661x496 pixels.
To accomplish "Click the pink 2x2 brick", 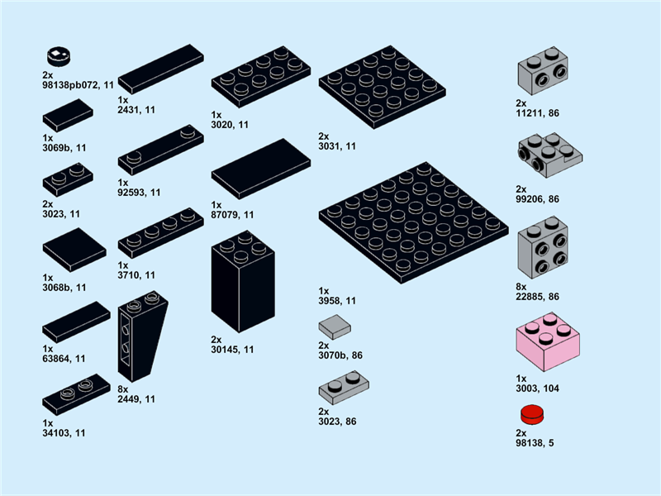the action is [x=548, y=341].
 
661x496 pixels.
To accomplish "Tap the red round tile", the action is [x=532, y=415].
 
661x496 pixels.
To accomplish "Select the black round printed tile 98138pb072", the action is [x=59, y=56].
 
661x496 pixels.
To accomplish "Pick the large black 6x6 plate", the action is [x=414, y=222].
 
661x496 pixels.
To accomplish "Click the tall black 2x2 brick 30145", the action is [x=243, y=281].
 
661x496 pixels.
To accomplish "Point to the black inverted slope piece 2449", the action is [x=143, y=336].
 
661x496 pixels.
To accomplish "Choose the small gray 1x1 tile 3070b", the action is [x=335, y=327].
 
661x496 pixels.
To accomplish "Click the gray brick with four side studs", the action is [x=543, y=247].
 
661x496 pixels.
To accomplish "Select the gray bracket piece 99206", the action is [x=550, y=155].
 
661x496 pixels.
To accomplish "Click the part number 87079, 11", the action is [x=232, y=215].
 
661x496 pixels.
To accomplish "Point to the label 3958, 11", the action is [x=337, y=301].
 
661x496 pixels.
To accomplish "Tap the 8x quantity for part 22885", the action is [x=521, y=287].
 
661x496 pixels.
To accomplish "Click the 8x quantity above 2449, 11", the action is [x=122, y=389].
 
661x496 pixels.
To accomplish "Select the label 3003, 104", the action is [x=538, y=389].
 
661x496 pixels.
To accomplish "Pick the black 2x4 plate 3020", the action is [x=261, y=77].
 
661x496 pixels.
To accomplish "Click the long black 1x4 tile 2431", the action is [x=161, y=69].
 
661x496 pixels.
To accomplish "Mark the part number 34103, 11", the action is [x=64, y=433].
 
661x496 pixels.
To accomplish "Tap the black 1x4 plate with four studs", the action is [x=161, y=233].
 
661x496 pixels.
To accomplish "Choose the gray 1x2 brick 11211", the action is [x=543, y=70].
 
